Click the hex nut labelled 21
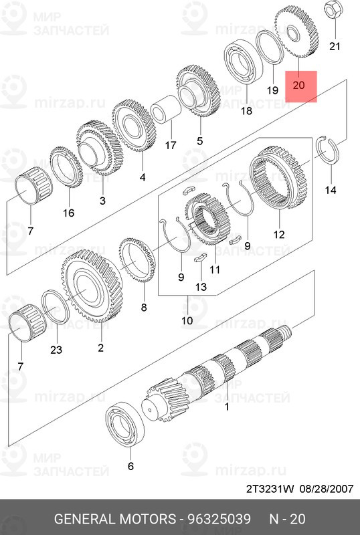pyautogui.click(x=331, y=11)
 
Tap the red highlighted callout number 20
pyautogui.click(x=299, y=85)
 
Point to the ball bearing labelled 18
pyautogui.click(x=243, y=62)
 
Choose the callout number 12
pyautogui.click(x=279, y=235)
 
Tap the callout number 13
pyautogui.click(x=201, y=286)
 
